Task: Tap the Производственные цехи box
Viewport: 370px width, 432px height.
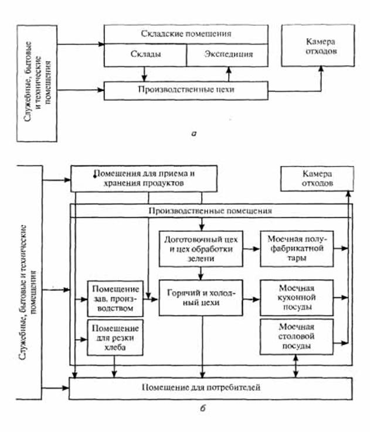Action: click(x=186, y=91)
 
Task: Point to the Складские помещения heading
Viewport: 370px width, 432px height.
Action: click(x=186, y=33)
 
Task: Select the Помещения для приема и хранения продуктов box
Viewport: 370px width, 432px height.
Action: click(x=144, y=178)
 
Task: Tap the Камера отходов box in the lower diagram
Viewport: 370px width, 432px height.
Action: click(x=317, y=178)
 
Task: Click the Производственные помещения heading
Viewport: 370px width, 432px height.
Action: click(x=211, y=210)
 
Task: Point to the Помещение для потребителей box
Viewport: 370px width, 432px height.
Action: click(x=211, y=387)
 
